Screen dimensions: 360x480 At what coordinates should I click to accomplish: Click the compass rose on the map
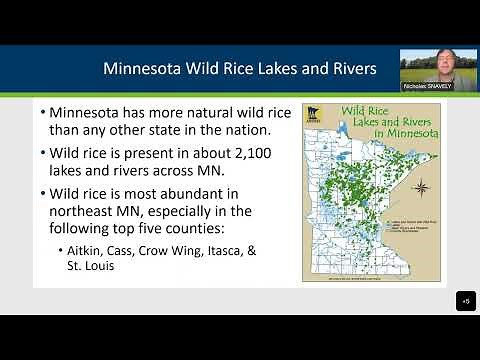click(x=421, y=187)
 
